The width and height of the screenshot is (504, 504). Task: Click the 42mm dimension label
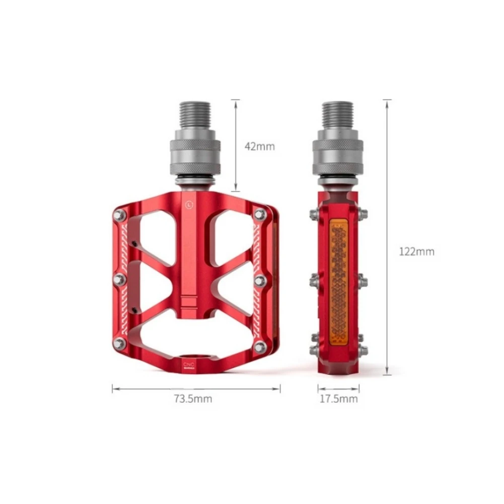pyautogui.click(x=260, y=147)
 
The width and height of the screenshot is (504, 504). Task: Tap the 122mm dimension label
pyautogui.click(x=416, y=252)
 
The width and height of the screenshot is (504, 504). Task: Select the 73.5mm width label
pyautogui.click(x=193, y=399)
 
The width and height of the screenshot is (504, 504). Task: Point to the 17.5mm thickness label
pyautogui.click(x=338, y=399)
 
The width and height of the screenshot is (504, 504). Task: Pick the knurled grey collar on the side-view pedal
pyautogui.click(x=338, y=151)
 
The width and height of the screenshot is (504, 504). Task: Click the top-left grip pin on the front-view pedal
pyautogui.click(x=119, y=215)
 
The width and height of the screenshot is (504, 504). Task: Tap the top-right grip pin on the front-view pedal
pyautogui.click(x=260, y=214)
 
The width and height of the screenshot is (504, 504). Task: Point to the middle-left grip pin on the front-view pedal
pyautogui.click(x=119, y=279)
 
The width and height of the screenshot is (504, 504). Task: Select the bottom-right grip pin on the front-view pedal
pyautogui.click(x=260, y=346)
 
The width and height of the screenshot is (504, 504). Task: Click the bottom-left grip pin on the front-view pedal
pyautogui.click(x=119, y=344)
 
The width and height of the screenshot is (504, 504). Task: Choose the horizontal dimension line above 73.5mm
pyautogui.click(x=196, y=388)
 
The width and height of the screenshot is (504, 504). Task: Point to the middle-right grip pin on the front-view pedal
pyautogui.click(x=260, y=280)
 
